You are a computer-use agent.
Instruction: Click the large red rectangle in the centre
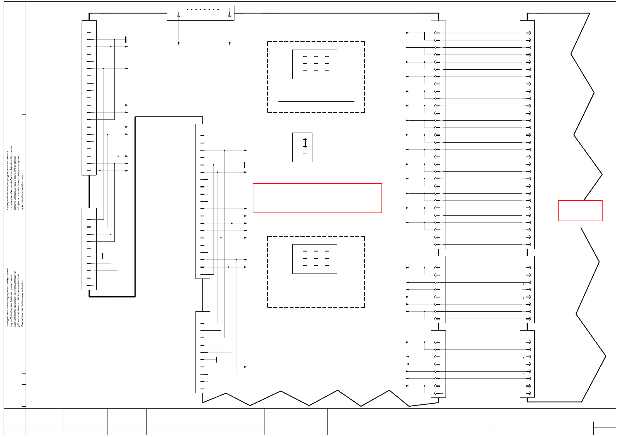coord(317,198)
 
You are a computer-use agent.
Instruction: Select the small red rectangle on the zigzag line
coord(580,211)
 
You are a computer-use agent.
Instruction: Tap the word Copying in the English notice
coord(8,205)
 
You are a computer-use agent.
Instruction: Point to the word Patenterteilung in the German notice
coord(22,318)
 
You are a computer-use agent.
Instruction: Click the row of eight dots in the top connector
coord(202,9)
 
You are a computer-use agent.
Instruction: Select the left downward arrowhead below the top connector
coord(178,44)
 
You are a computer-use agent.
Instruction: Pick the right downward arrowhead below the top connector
coord(230,44)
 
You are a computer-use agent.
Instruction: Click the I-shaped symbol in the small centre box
coord(305,143)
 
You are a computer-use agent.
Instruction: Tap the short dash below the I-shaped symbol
coord(305,154)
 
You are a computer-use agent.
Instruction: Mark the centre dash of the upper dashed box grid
coord(316,64)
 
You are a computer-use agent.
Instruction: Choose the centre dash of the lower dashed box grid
coord(316,258)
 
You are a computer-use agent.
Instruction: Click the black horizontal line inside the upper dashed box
coord(316,101)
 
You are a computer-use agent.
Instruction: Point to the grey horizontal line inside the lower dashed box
coord(316,296)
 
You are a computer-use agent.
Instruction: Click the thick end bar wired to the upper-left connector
coord(126,39)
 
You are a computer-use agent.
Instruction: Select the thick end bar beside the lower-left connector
coord(102,256)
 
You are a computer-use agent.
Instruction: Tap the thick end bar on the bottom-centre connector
coord(216,360)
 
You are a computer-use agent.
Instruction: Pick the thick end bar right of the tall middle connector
coord(244,165)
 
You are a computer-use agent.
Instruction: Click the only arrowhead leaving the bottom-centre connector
coord(246,367)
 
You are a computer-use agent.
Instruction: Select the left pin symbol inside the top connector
coord(178,14)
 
